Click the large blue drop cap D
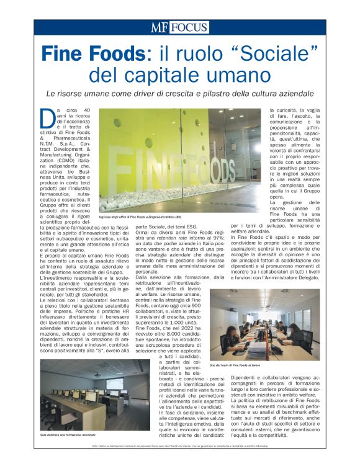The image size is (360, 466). coord(44,118)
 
